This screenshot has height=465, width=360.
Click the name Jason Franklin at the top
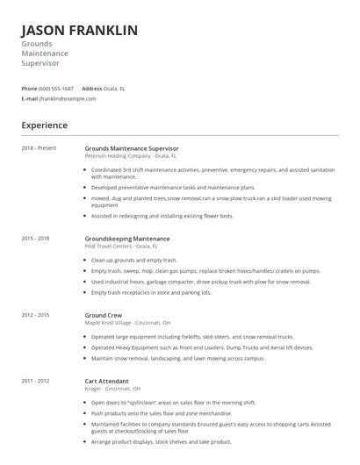coord(79,31)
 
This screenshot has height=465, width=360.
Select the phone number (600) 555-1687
coord(56,89)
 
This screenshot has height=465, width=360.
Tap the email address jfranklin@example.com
coord(68,99)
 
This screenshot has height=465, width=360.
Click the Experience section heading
coord(45,125)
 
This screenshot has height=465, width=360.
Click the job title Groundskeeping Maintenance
coord(126,238)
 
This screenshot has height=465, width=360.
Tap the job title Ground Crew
coord(104,313)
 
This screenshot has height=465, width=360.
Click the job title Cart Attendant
coord(106,382)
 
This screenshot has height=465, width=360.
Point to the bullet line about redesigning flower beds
coord(162,215)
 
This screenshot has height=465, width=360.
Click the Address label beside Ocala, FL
coord(92,89)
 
